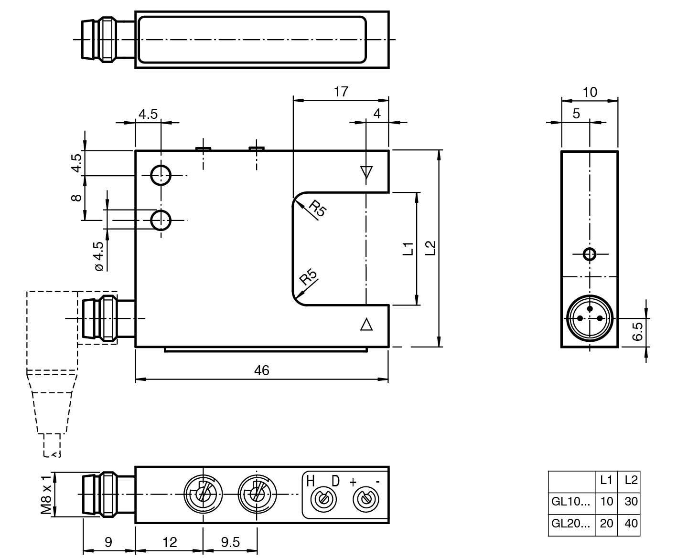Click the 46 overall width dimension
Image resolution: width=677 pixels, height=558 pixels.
click(262, 370)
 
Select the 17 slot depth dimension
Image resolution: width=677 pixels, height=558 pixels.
click(341, 91)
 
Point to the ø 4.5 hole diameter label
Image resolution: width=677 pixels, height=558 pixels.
click(99, 256)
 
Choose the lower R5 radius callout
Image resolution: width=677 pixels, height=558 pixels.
click(308, 277)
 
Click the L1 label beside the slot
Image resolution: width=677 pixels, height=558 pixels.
click(408, 248)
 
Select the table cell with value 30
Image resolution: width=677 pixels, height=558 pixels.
click(631, 501)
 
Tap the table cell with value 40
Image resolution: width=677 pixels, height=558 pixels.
click(631, 523)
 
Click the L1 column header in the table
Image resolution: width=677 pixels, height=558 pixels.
click(606, 480)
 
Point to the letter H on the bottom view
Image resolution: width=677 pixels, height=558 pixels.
click(311, 481)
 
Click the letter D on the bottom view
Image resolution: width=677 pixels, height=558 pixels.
click(336, 481)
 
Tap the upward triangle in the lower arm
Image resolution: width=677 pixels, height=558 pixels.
click(366, 325)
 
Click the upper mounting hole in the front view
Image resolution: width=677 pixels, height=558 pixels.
click(161, 175)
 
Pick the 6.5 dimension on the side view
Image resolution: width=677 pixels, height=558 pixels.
click(637, 331)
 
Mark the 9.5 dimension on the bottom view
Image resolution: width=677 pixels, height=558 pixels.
click(230, 542)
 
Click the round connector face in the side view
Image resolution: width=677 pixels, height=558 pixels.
click(590, 318)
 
